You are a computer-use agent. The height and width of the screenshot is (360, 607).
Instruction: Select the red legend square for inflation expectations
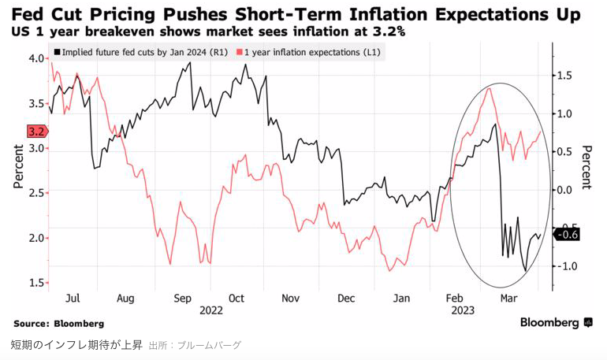(x=240, y=52)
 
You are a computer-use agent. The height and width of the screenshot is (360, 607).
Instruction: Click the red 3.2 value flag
(x=35, y=132)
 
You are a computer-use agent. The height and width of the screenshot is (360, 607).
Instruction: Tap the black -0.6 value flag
(x=567, y=234)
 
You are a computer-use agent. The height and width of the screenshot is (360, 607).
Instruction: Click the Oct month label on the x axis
(x=237, y=299)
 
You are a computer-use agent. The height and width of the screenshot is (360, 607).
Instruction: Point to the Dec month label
(x=345, y=299)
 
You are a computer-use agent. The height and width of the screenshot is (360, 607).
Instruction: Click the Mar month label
(x=509, y=299)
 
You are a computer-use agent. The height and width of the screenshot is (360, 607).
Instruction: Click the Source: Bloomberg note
(x=59, y=323)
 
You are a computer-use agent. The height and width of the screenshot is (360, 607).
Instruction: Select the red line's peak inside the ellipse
(x=490, y=88)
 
